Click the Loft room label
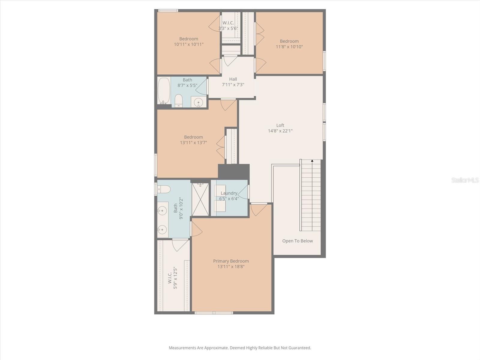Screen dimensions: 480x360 tap(280, 125)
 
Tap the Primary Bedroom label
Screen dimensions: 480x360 tap(231, 261)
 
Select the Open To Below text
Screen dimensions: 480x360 tap(297, 241)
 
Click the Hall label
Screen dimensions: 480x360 tap(233, 79)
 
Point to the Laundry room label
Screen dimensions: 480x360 tap(229, 193)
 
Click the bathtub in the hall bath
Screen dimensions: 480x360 tap(164, 91)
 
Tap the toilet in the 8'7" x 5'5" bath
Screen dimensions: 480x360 tap(179, 101)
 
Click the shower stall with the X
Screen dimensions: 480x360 tap(200, 199)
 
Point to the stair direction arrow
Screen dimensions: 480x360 tap(312, 161)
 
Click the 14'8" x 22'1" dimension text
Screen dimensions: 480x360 tap(280, 131)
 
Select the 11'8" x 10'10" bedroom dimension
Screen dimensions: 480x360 tap(289, 47)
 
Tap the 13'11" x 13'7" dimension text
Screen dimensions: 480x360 tap(193, 143)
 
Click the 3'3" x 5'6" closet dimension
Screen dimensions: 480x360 tap(228, 28)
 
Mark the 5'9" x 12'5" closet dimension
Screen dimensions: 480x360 tap(175, 278)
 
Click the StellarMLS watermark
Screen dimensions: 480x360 tap(465, 180)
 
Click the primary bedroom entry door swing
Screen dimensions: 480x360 tap(259, 209)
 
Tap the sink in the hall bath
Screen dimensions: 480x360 tap(199, 102)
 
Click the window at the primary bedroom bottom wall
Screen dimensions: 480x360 tap(214, 313)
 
